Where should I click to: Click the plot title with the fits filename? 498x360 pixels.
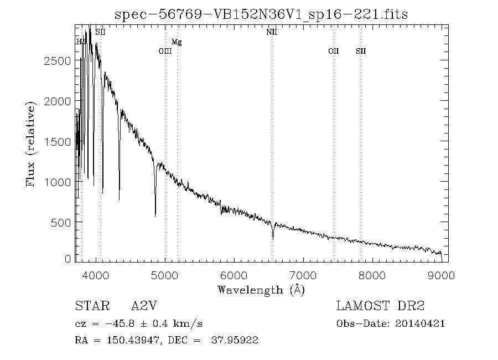coord(261,14)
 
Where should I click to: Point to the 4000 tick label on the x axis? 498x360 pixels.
coord(96,275)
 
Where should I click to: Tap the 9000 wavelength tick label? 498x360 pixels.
coord(441,275)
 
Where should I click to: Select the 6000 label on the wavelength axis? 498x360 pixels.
coord(234,275)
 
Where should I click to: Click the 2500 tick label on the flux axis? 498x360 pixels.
coord(56,61)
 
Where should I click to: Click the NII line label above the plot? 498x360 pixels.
coord(272,33)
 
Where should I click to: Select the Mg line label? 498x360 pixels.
coord(177,42)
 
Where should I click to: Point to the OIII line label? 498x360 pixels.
coord(165,51)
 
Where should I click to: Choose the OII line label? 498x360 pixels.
coord(333,51)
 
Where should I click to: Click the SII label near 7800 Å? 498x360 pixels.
coord(361,51)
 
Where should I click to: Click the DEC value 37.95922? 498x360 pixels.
coord(235,340)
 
